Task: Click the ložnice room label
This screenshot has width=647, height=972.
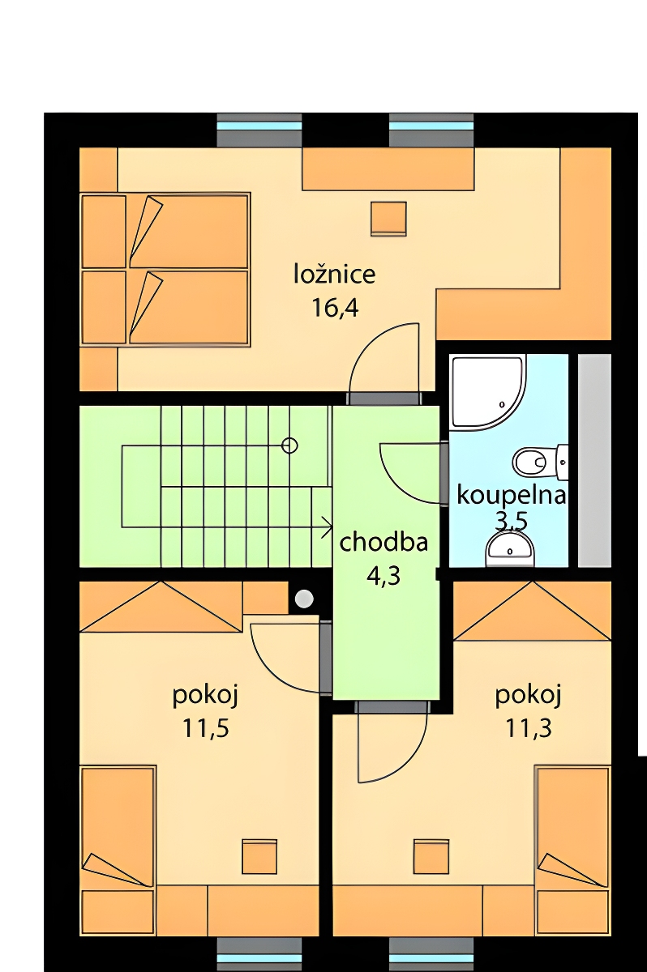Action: (334, 275)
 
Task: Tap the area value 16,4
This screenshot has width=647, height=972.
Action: (335, 309)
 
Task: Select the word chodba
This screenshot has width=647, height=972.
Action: (383, 543)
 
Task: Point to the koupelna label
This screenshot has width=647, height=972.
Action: (511, 495)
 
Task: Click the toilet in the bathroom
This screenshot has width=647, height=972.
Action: (541, 463)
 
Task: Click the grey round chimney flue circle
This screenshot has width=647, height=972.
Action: (304, 599)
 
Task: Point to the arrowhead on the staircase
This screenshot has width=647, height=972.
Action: (327, 527)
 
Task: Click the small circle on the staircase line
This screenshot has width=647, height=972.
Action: (289, 446)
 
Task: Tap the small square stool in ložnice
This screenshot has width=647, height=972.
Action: (388, 219)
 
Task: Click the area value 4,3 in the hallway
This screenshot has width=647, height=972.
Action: (383, 577)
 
